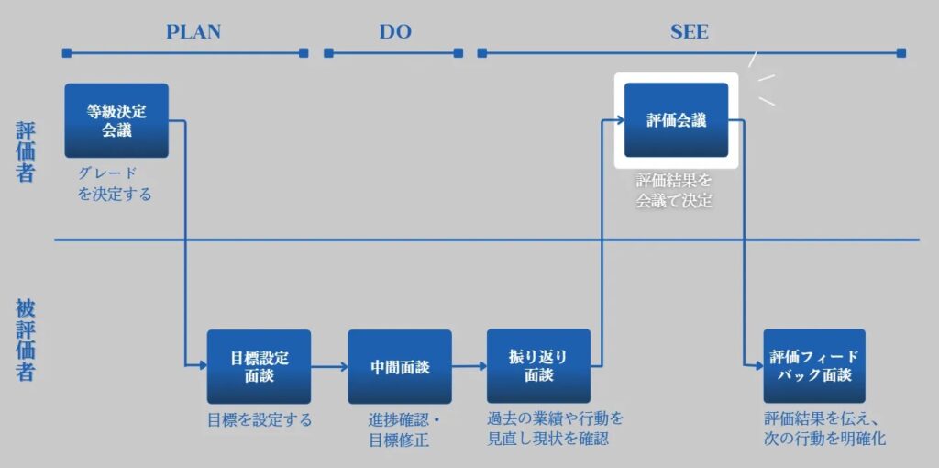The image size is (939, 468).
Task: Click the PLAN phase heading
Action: [x=193, y=32]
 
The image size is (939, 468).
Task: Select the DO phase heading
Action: [x=395, y=32]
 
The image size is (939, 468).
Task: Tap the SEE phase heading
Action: [x=689, y=32]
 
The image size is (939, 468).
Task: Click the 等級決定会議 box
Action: [x=116, y=120]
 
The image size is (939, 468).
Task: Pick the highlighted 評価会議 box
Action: [x=676, y=120]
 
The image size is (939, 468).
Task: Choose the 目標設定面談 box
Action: [x=259, y=367]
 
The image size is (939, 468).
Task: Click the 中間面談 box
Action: [x=400, y=367]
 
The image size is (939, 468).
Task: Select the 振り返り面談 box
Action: [x=538, y=366]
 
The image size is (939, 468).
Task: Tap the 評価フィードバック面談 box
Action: [x=814, y=366]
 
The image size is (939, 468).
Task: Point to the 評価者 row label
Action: [x=25, y=153]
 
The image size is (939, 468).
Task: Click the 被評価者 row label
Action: [x=25, y=341]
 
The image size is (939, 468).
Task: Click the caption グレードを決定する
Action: [x=115, y=184]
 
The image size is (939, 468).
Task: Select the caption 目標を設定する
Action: [x=260, y=420]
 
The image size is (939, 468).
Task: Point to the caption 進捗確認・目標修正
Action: [x=404, y=430]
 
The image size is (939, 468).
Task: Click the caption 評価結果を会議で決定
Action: [x=674, y=191]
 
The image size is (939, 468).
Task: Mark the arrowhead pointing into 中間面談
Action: [x=344, y=365]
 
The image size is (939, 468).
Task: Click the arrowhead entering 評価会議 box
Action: [x=621, y=120]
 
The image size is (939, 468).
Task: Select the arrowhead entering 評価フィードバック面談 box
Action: [x=759, y=365]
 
